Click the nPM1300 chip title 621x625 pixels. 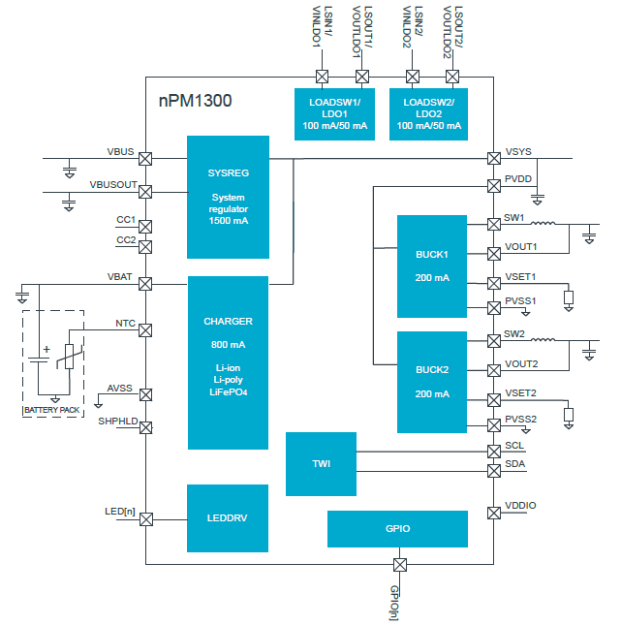pos(195,101)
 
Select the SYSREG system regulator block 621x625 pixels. pos(228,197)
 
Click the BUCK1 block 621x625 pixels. pos(432,266)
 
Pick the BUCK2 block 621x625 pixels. pos(432,382)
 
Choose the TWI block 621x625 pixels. pos(321,464)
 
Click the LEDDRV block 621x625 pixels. pos(228,518)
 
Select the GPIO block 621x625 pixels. pos(397,529)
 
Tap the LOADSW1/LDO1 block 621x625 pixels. pos(334,114)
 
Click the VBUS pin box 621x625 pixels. pos(145,159)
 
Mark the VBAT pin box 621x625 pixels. pos(145,284)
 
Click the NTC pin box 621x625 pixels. pos(145,329)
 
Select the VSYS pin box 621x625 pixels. pos(492,159)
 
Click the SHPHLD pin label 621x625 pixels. pos(117,421)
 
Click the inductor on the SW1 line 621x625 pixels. pos(543,224)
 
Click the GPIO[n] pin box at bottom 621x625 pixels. pos(399,565)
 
